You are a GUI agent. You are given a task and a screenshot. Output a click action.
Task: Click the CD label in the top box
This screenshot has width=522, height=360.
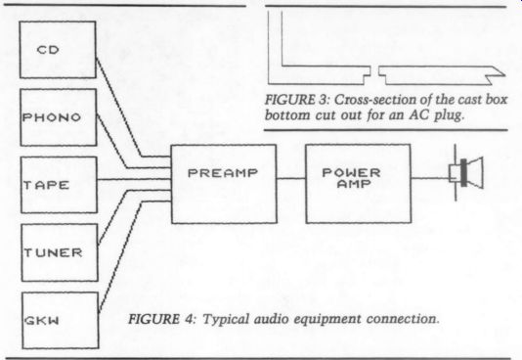pos(48,50)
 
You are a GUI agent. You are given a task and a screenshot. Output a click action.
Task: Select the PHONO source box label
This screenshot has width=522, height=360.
pos(52,117)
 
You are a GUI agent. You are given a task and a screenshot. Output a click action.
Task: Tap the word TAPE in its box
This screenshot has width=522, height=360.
pos(46,185)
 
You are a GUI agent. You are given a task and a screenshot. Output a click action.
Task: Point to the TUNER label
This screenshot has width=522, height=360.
pos(53,252)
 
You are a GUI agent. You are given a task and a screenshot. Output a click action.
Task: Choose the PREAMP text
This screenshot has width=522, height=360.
pos(223,173)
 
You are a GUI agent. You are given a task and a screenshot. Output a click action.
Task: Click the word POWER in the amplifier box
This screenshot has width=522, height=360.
pos(351,172)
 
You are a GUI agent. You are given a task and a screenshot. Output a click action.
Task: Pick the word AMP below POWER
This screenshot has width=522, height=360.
pos(354,184)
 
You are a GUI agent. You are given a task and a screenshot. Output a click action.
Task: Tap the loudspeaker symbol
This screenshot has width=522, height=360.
pos(466,173)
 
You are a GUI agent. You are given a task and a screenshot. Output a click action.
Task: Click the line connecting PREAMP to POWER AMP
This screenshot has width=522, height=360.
pos(291,178)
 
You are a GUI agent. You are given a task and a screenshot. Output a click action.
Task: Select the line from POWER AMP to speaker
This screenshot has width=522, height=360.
pos(430,178)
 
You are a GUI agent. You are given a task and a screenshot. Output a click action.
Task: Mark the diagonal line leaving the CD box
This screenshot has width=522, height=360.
pos(119,108)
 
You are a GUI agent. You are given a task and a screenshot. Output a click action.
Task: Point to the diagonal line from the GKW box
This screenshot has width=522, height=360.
pos(120,256)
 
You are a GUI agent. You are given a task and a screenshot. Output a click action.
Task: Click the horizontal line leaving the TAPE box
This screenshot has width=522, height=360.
pos(134,180)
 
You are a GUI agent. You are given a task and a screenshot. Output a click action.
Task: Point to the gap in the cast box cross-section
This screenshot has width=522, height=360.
pos(374,74)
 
